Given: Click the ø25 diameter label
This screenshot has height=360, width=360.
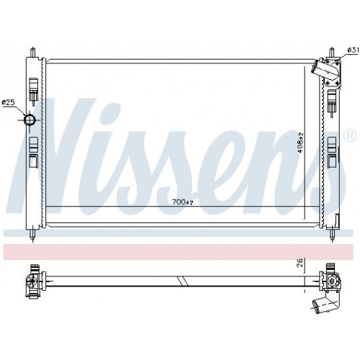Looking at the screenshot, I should tap(9, 103).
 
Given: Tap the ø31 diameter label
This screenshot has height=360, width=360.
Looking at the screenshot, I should tap(353, 49).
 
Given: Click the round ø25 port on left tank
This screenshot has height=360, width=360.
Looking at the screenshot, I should tap(31, 120).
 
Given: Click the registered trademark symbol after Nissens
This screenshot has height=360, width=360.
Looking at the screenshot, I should tap(351, 135).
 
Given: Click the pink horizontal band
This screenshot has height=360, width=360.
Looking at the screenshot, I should tap(180, 251).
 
